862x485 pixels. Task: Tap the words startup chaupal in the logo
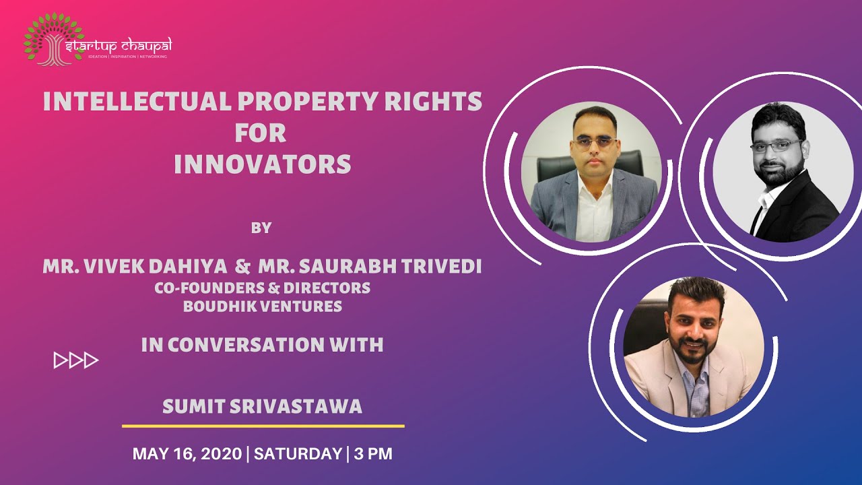[x=119, y=45]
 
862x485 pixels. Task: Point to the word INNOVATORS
[x=263, y=164]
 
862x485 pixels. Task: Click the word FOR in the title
[x=261, y=133]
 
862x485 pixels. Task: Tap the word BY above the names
[x=261, y=228]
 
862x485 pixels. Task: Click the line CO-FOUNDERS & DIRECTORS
[x=262, y=288]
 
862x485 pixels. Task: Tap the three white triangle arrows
[x=76, y=360]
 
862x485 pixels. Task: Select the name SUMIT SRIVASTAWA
[x=263, y=407]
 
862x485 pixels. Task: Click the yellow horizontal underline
[x=263, y=426]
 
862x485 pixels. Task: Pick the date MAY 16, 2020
[x=187, y=454]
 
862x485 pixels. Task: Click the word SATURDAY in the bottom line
[x=298, y=454]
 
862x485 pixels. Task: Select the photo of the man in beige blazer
[x=694, y=347]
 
